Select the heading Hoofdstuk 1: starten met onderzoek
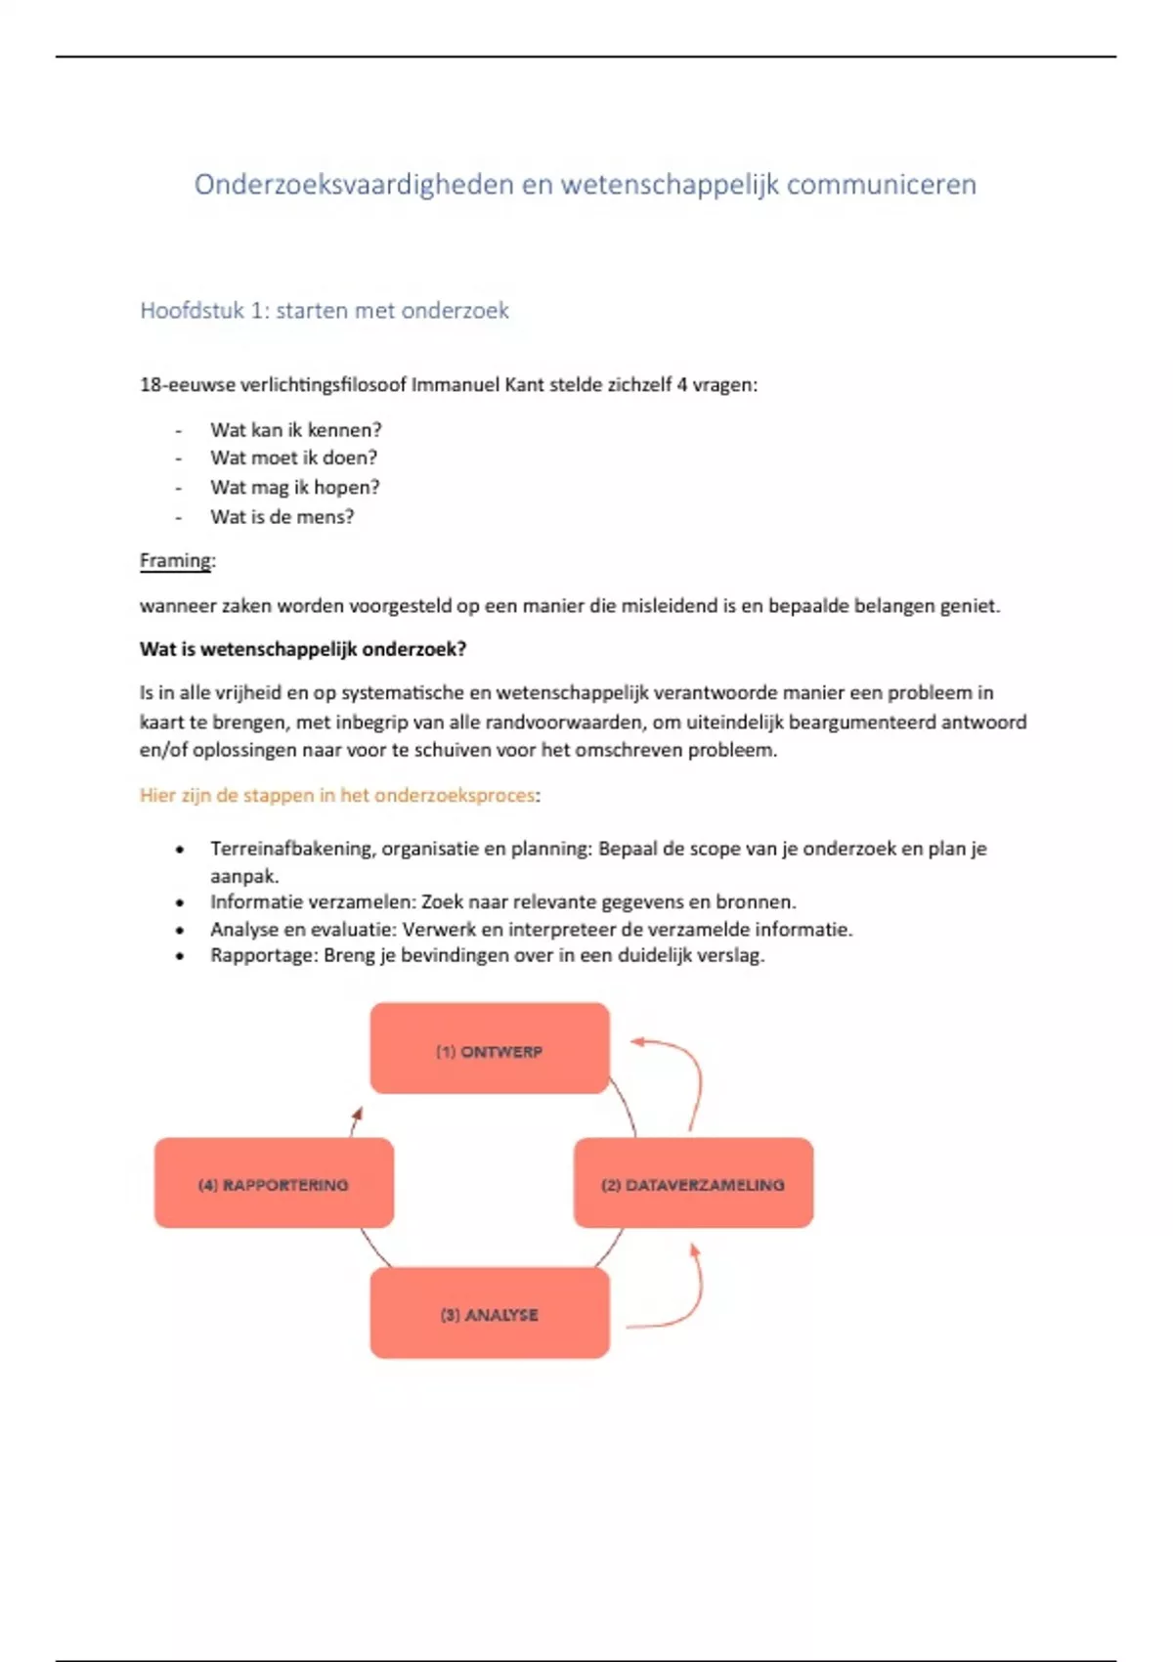325,311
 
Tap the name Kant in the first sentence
524,385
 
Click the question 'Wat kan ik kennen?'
295,430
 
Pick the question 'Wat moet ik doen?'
293,458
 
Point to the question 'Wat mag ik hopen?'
294,487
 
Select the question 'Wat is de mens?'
282,517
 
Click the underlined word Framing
176,561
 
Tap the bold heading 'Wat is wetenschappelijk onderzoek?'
303,649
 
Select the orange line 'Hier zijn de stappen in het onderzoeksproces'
337,795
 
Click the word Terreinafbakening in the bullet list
291,849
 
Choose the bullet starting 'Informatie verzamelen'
503,902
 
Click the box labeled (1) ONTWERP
490,1048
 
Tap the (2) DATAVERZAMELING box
693,1183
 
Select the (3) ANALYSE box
490,1314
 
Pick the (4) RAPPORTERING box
274,1183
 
